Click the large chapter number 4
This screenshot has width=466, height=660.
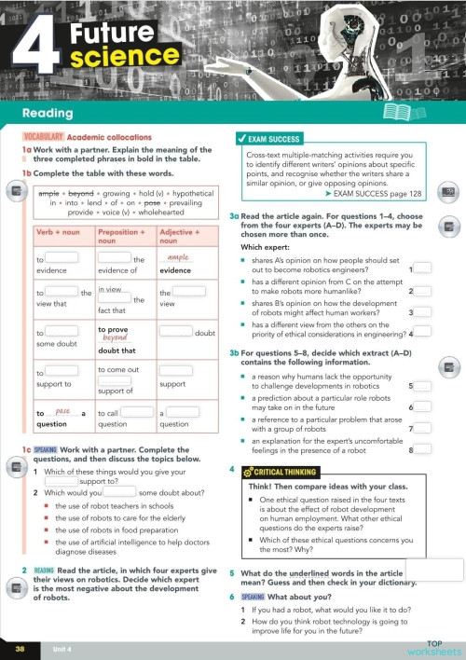coord(35,48)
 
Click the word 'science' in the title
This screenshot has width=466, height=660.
coord(115,60)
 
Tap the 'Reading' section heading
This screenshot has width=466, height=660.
coord(48,114)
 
